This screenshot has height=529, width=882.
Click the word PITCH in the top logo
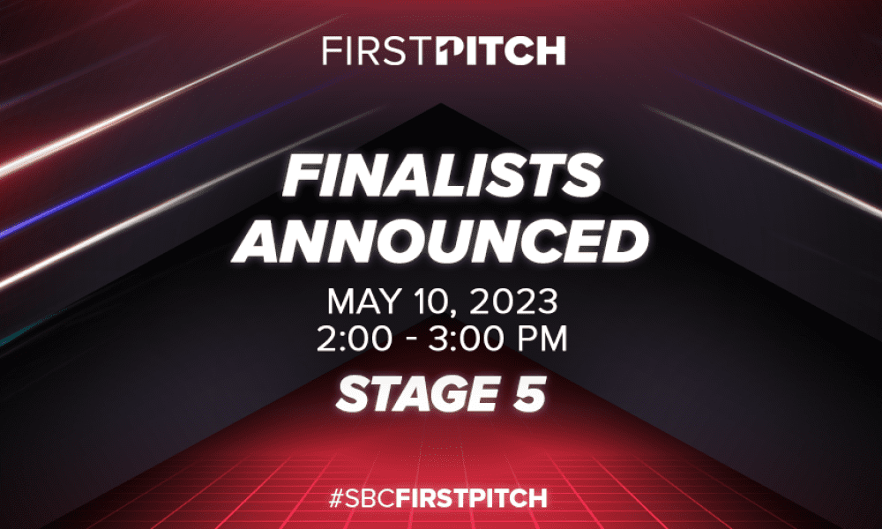pos(501,51)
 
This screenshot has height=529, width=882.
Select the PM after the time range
pos(540,339)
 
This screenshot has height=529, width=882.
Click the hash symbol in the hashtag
pos(336,498)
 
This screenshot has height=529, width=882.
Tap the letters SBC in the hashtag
pos(370,498)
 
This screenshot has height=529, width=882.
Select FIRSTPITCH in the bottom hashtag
pos(471,498)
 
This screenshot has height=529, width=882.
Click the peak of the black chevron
pos(441,103)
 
